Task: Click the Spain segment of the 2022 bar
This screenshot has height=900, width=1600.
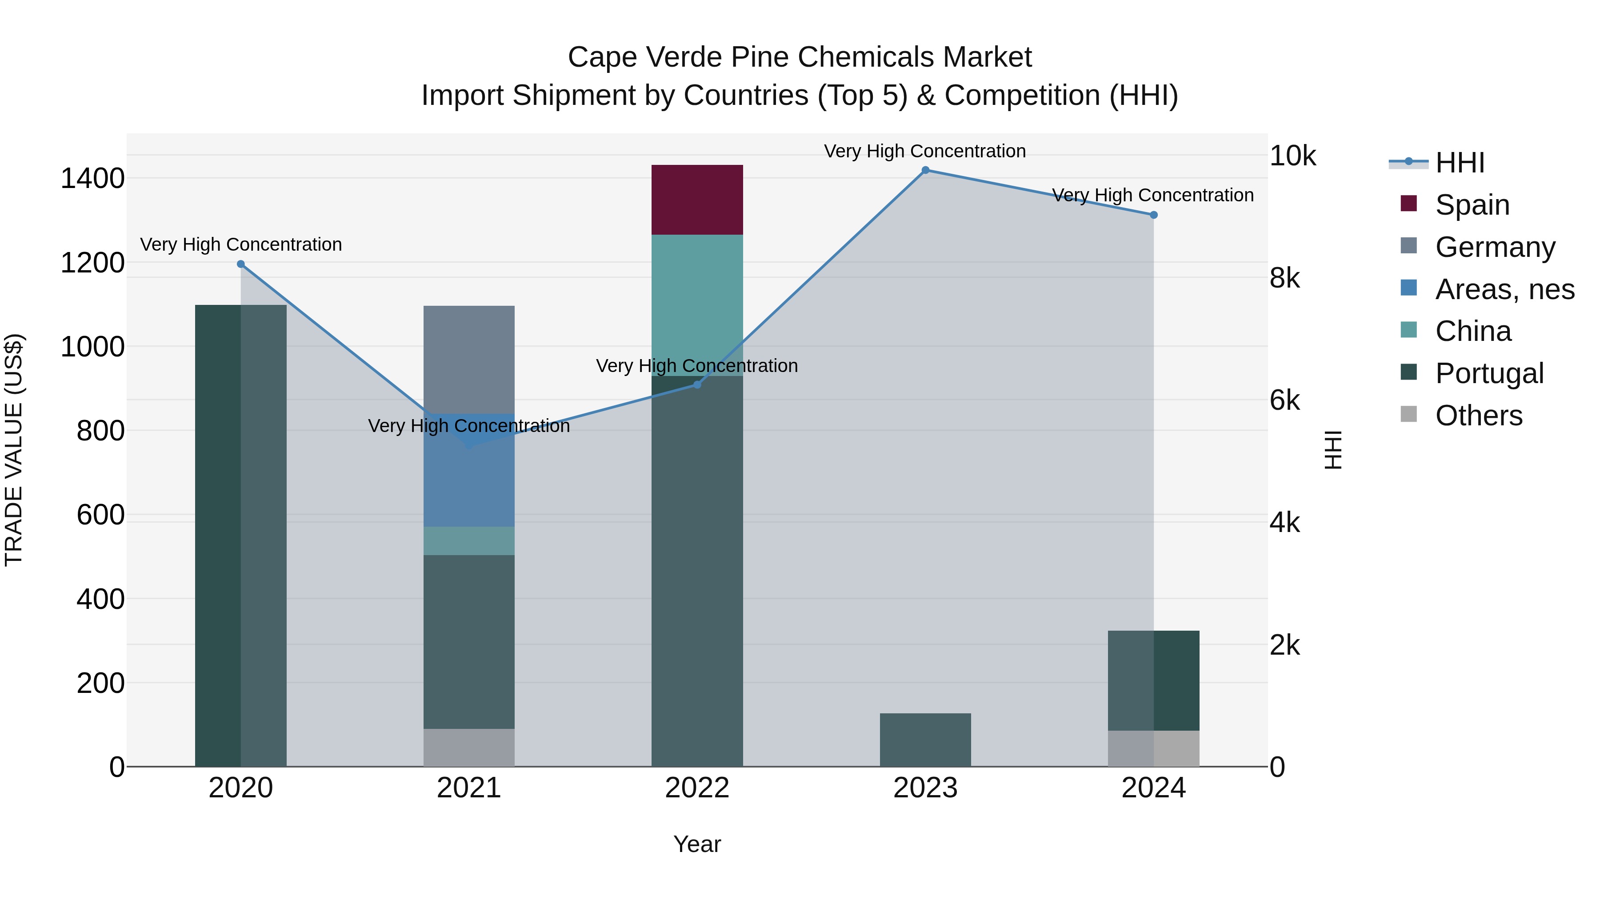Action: click(697, 200)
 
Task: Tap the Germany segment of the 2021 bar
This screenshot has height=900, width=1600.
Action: click(469, 359)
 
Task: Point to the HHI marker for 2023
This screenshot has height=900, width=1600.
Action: click(925, 170)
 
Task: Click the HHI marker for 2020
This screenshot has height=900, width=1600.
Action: click(241, 264)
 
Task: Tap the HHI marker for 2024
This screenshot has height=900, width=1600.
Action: click(1153, 215)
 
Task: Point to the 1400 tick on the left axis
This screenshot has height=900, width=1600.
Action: click(92, 179)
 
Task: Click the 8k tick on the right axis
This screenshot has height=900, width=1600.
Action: click(1284, 278)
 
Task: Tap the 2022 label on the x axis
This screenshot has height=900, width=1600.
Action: click(697, 788)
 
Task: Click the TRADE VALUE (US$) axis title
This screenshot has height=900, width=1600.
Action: click(14, 450)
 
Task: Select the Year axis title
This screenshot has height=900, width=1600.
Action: click(697, 844)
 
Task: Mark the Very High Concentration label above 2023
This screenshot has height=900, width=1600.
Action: click(924, 151)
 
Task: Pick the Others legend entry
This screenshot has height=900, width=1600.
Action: click(1478, 416)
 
